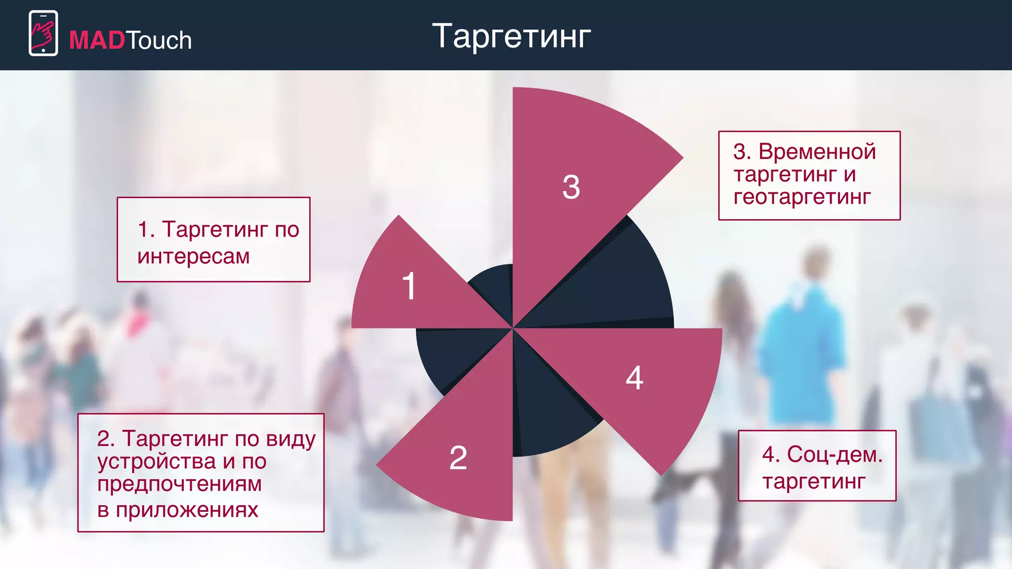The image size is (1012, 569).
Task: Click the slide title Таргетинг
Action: [511, 37]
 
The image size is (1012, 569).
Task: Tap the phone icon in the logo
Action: [43, 33]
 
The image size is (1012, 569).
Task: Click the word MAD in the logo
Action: [97, 41]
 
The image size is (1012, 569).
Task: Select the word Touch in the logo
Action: [159, 41]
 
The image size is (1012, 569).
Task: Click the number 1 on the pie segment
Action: [409, 286]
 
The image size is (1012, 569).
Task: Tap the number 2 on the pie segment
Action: [458, 458]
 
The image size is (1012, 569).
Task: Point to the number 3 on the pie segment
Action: [571, 188]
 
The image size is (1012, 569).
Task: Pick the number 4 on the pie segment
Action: [634, 378]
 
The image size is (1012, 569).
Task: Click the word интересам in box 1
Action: [194, 257]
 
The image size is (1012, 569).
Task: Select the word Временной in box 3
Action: [817, 152]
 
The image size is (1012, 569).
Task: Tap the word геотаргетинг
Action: [802, 197]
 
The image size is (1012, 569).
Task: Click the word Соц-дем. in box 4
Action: [835, 454]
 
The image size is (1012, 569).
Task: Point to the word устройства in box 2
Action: [157, 462]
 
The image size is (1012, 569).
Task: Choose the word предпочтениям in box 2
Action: [179, 484]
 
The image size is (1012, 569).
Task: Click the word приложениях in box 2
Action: [187, 510]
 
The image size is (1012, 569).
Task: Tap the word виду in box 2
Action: [291, 439]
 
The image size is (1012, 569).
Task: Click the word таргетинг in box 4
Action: [814, 481]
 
